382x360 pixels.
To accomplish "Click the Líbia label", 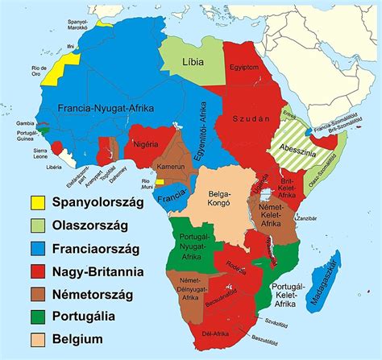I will point(193,61).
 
